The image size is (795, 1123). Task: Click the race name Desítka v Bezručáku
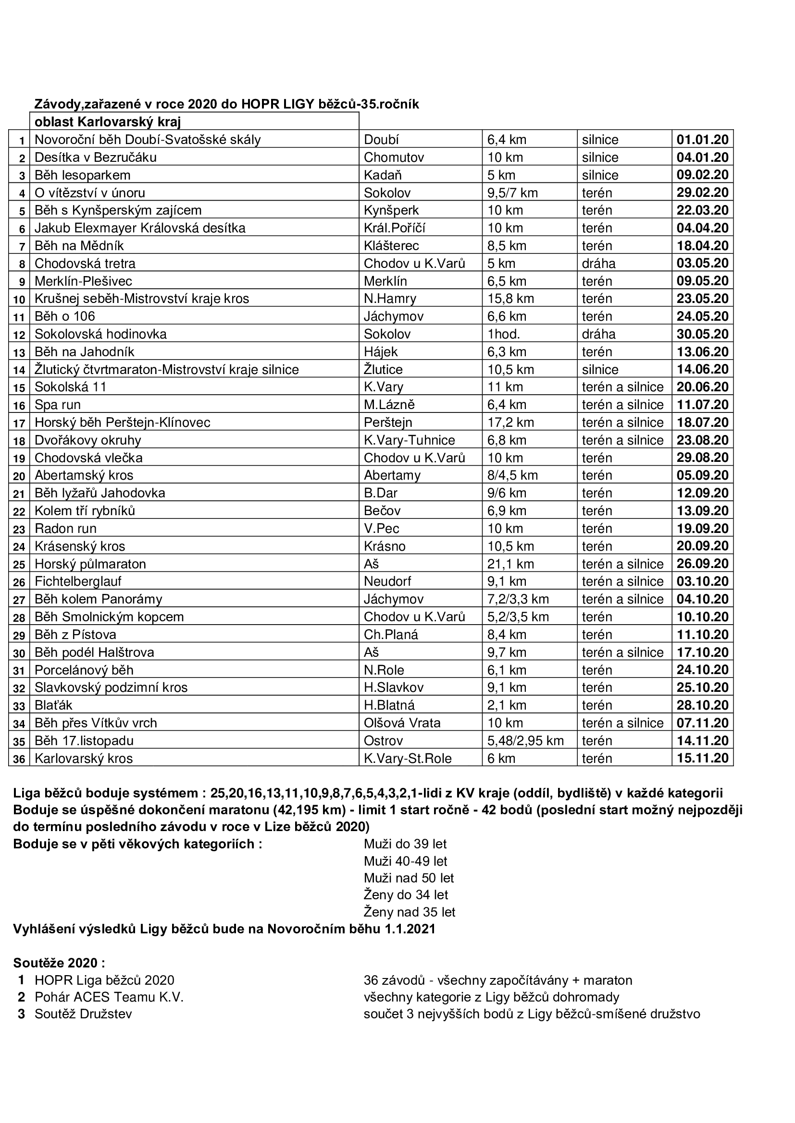point(96,157)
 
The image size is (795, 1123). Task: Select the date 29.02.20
point(703,193)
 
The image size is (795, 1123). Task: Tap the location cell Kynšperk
point(391,210)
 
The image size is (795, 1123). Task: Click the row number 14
point(19,370)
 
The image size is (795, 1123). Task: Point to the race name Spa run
point(57,405)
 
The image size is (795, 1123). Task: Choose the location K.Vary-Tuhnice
point(409,440)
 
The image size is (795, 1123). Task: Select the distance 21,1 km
point(510,564)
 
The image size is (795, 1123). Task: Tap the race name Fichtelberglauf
point(78,581)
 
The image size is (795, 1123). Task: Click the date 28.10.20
point(703,705)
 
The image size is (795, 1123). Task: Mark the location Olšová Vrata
point(402,723)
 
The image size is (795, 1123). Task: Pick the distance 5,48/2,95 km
point(525,740)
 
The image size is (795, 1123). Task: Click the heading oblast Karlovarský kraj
point(108,121)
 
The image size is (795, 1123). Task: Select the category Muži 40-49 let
point(405,861)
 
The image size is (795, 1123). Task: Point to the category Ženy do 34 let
point(406,895)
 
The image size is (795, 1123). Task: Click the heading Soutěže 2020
point(59,963)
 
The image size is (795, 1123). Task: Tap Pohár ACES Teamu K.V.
point(109,997)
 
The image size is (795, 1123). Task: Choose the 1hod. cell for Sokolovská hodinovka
point(504,334)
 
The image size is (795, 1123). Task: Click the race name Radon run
point(65,529)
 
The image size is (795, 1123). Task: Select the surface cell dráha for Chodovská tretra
point(598,264)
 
